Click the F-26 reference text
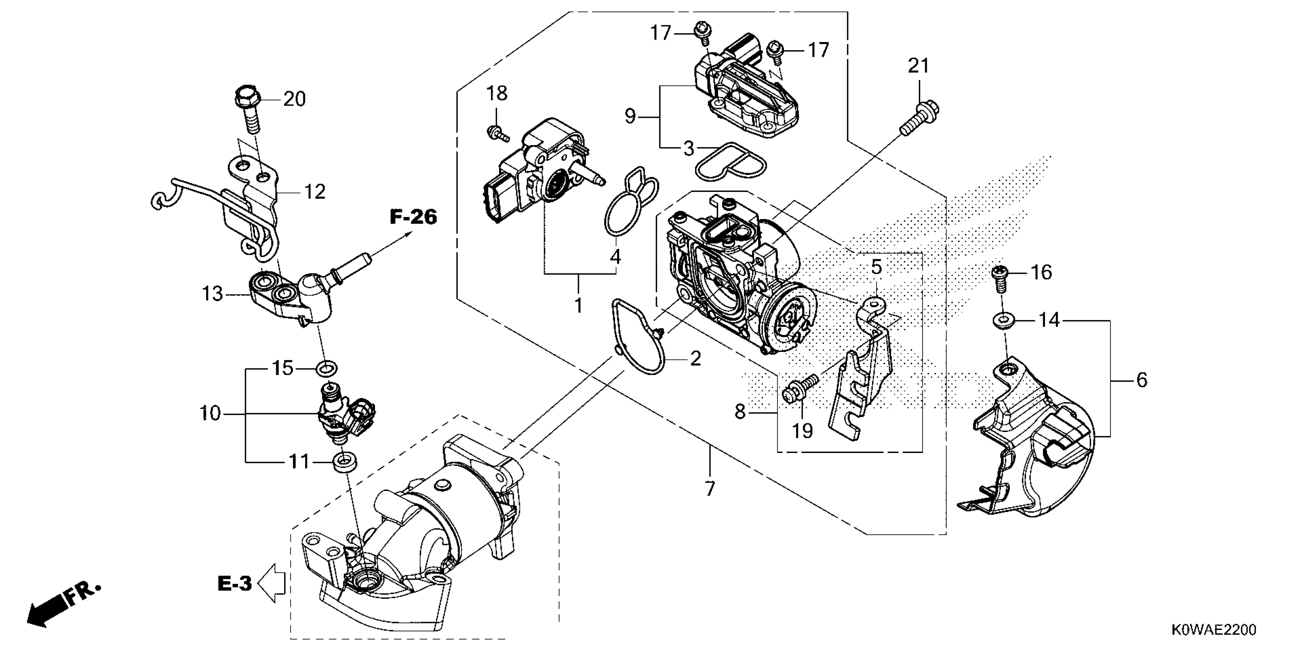tap(413, 218)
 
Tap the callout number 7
tap(710, 489)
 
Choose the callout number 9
tap(630, 117)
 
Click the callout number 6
tap(1142, 379)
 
